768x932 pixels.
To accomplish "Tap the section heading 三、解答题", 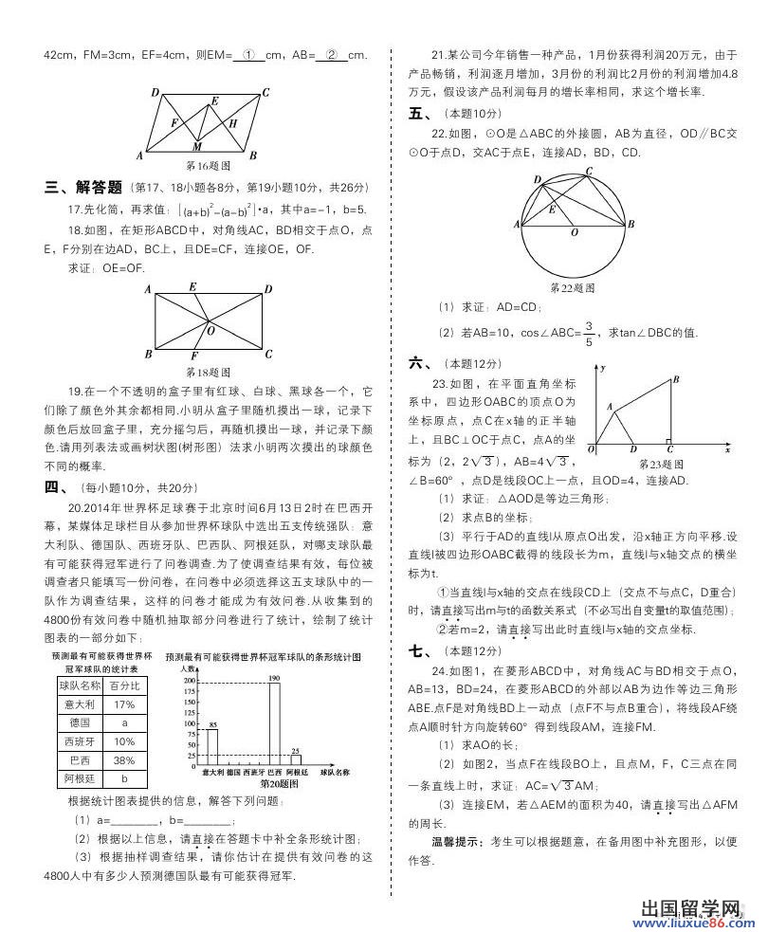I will (x=83, y=187).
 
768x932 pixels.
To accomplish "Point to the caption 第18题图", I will (x=208, y=373).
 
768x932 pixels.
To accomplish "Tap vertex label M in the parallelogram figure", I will (x=196, y=147).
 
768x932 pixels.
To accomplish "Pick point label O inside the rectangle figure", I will (x=210, y=331).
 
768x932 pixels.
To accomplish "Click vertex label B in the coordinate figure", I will (x=675, y=379).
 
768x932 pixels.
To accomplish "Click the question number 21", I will (x=438, y=55).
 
